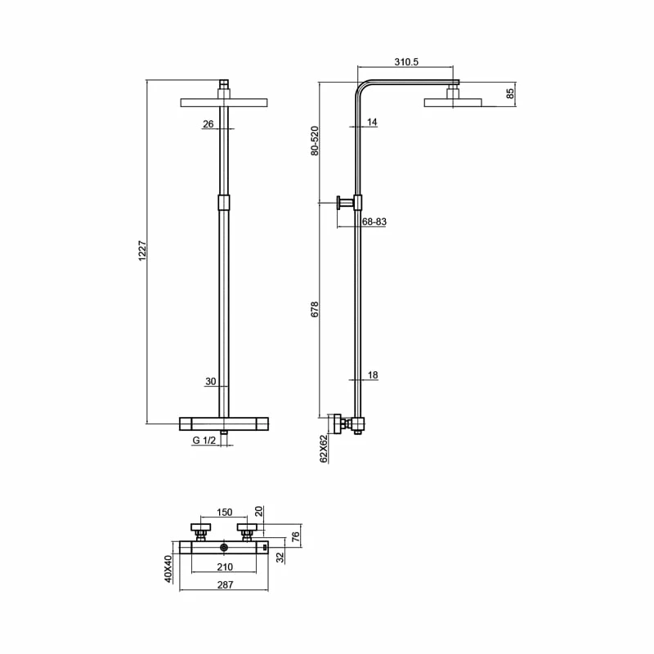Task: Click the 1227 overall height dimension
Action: (140, 252)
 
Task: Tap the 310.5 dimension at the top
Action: (406, 61)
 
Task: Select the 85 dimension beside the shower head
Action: (510, 93)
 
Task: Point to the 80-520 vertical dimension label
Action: (314, 141)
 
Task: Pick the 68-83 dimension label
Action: (374, 222)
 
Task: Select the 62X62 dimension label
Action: (324, 449)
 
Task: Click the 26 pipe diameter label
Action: (208, 124)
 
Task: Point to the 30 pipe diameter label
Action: (210, 381)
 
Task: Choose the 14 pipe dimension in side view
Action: (373, 123)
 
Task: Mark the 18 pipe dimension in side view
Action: (373, 375)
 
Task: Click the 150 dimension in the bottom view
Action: (223, 513)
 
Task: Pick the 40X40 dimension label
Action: (167, 568)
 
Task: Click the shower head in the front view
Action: (223, 102)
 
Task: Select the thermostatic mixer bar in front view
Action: (223, 423)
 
